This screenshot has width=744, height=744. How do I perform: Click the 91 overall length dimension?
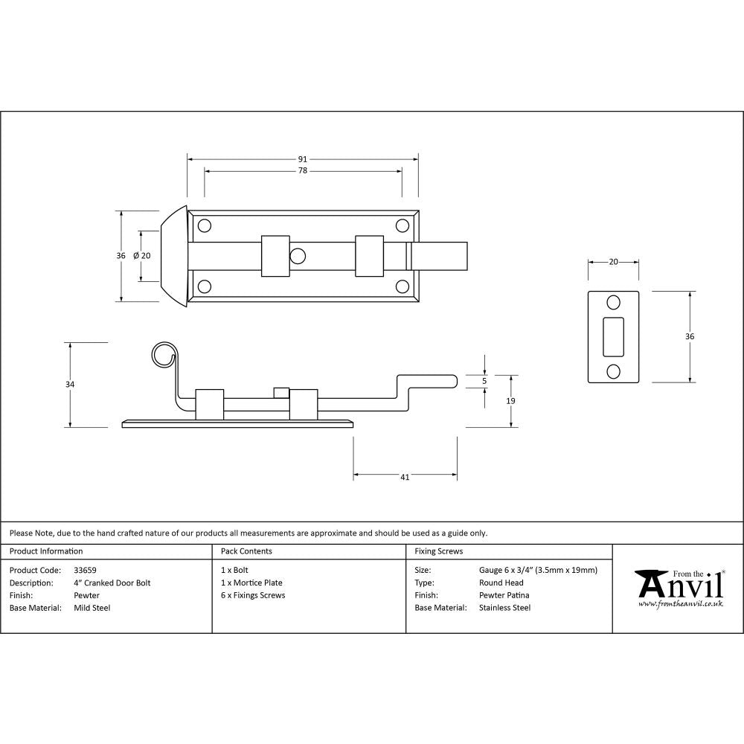(x=303, y=159)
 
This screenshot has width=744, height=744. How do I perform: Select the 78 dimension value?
(x=303, y=171)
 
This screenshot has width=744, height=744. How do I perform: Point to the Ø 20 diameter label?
(x=141, y=256)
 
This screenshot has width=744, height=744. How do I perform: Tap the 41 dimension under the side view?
(x=405, y=478)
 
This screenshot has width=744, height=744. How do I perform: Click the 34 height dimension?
(x=70, y=385)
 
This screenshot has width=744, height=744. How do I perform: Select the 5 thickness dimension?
(x=484, y=381)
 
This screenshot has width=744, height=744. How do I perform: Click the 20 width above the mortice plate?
(x=614, y=262)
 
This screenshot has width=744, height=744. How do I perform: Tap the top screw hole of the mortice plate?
(x=614, y=302)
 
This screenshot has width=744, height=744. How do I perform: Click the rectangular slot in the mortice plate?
(x=614, y=336)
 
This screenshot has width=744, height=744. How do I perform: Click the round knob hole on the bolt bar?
(x=298, y=257)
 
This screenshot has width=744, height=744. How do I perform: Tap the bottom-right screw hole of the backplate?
(x=402, y=286)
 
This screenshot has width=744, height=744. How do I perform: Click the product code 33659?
(x=86, y=571)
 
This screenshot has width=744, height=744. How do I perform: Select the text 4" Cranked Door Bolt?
(x=112, y=583)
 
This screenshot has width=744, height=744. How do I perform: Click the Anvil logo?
(x=679, y=588)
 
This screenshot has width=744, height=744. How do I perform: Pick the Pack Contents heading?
(x=246, y=551)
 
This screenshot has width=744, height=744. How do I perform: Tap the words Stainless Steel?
(x=504, y=608)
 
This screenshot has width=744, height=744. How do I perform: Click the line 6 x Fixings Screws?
(x=253, y=595)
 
